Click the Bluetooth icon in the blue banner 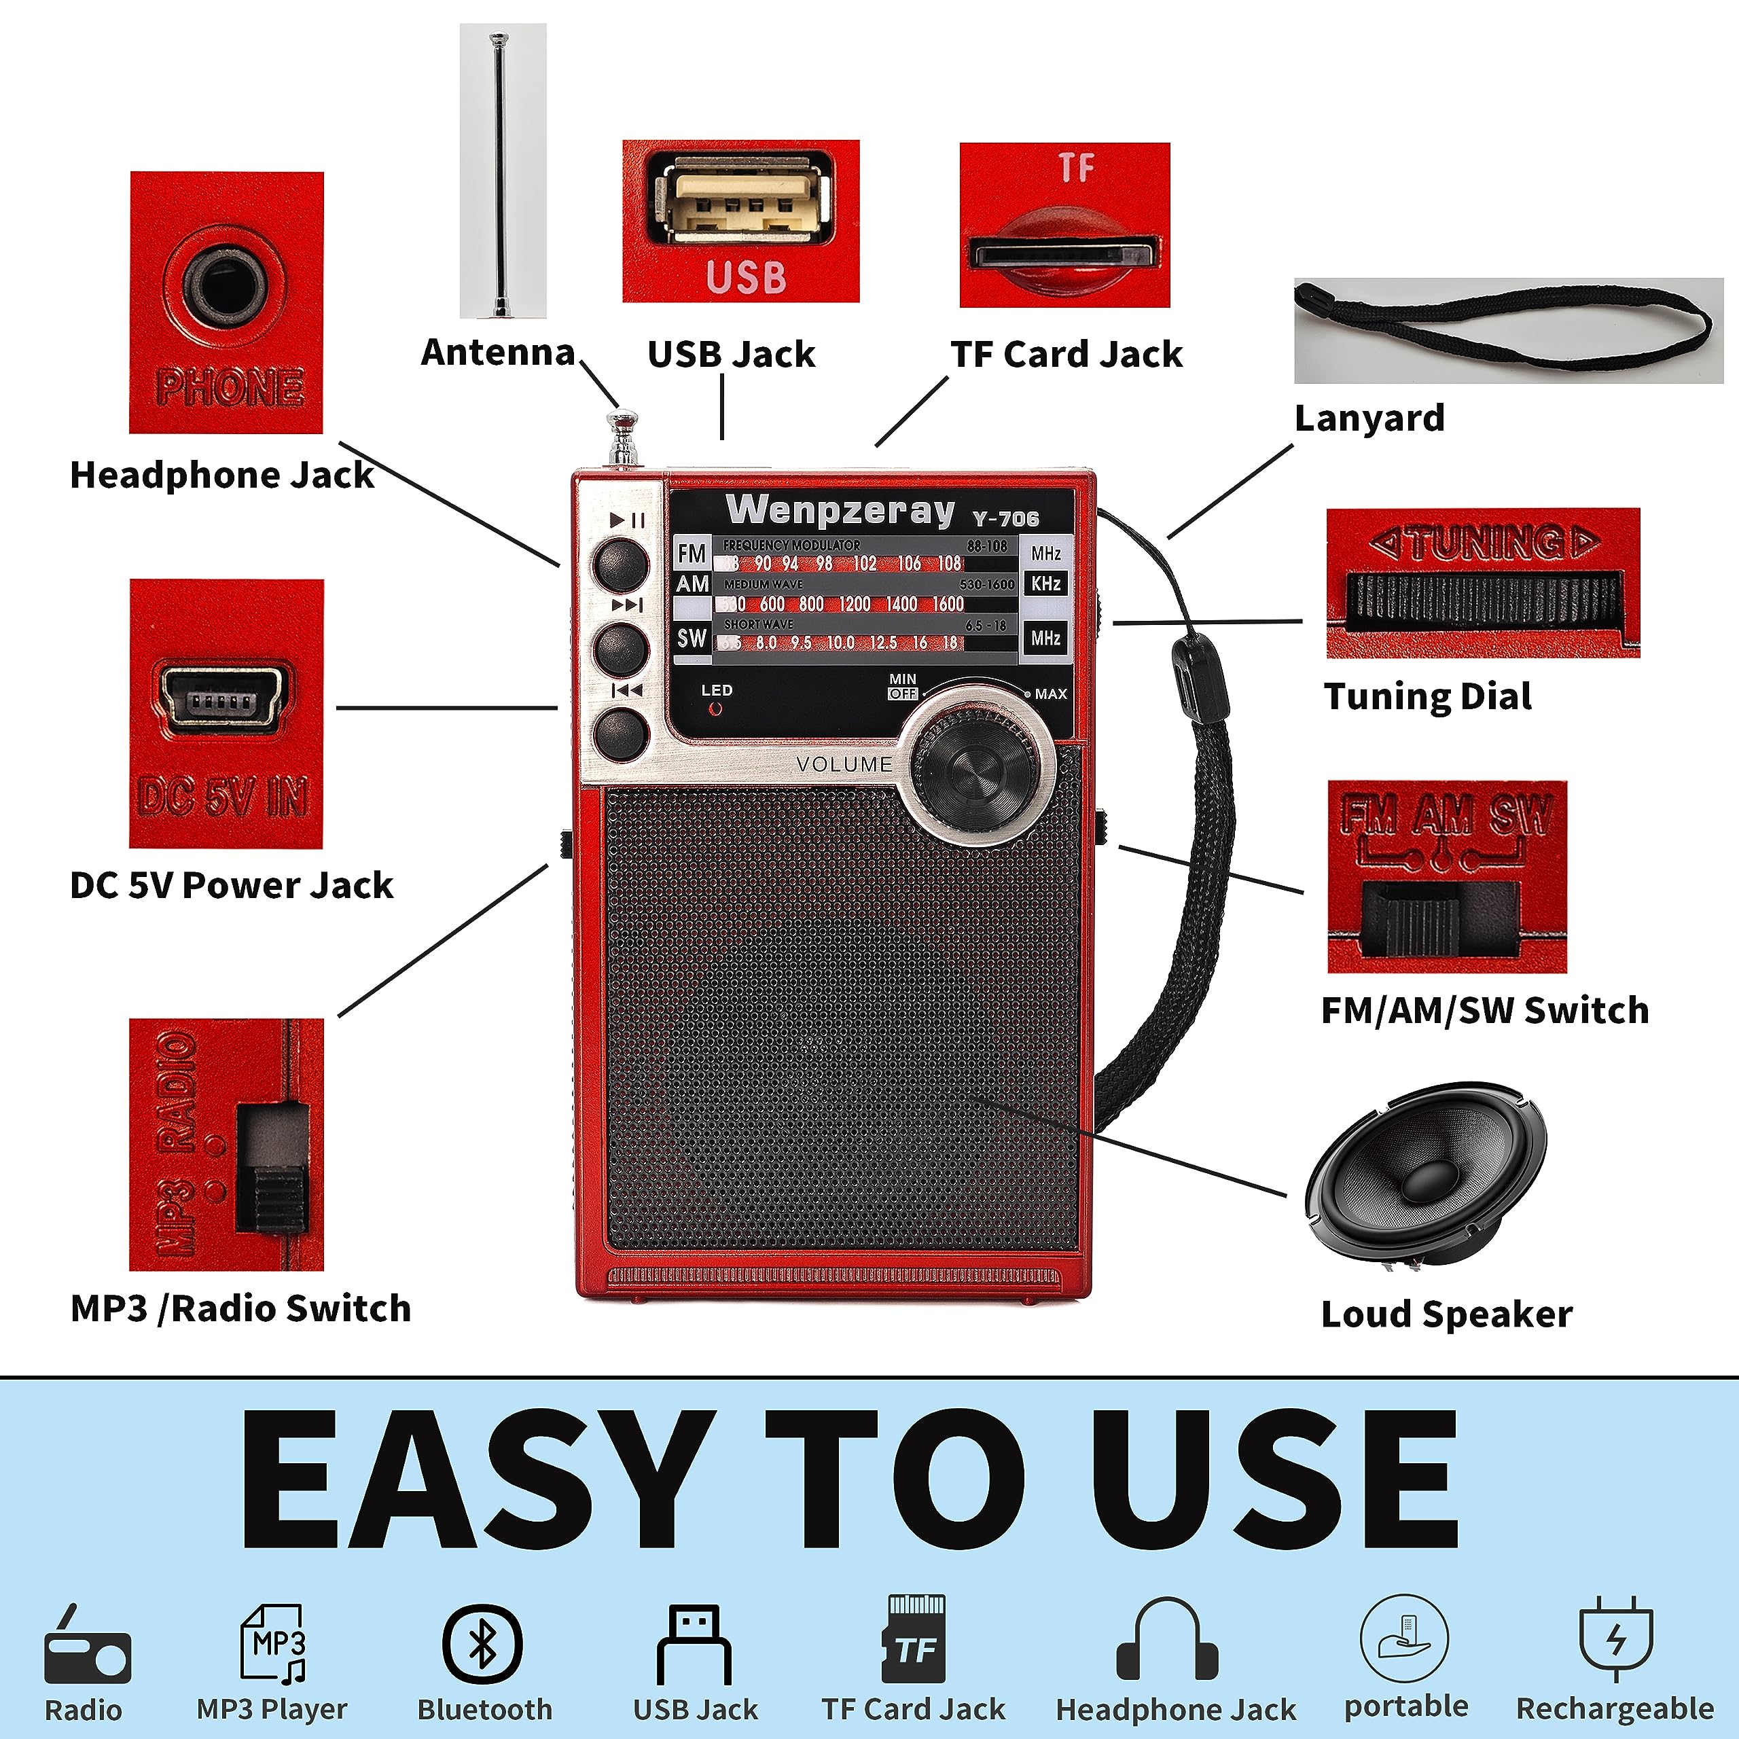point(482,1644)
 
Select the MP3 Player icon point(274,1644)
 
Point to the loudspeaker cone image point(1426,1175)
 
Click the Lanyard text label point(1369,418)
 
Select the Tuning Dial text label point(1428,697)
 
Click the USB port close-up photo point(741,221)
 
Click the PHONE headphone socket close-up point(226,302)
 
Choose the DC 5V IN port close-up point(226,713)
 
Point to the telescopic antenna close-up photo point(502,171)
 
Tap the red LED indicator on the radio point(715,709)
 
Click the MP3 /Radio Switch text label point(240,1308)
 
